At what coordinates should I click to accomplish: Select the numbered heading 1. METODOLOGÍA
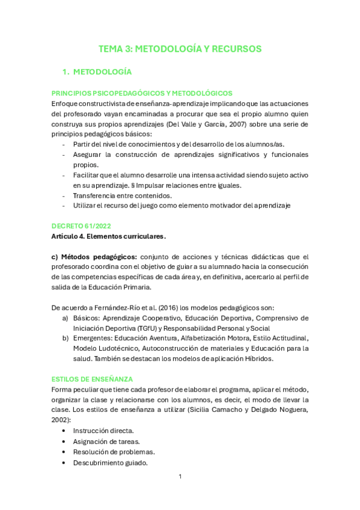click(97, 72)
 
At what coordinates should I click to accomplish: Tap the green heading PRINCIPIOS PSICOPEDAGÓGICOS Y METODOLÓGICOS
click(142, 93)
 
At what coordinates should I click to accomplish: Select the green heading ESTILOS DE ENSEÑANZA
click(92, 379)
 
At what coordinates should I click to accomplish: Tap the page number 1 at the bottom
click(180, 477)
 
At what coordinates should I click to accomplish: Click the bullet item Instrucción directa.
click(103, 431)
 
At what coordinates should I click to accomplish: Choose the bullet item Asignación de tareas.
click(103, 441)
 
